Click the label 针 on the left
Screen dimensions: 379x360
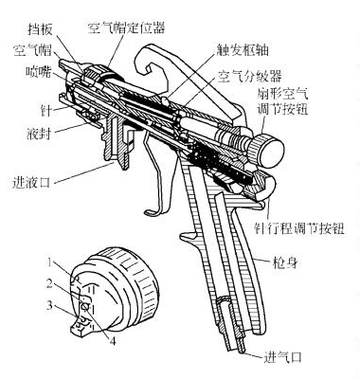tap(29, 111)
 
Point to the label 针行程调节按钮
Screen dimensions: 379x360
tap(302, 228)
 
